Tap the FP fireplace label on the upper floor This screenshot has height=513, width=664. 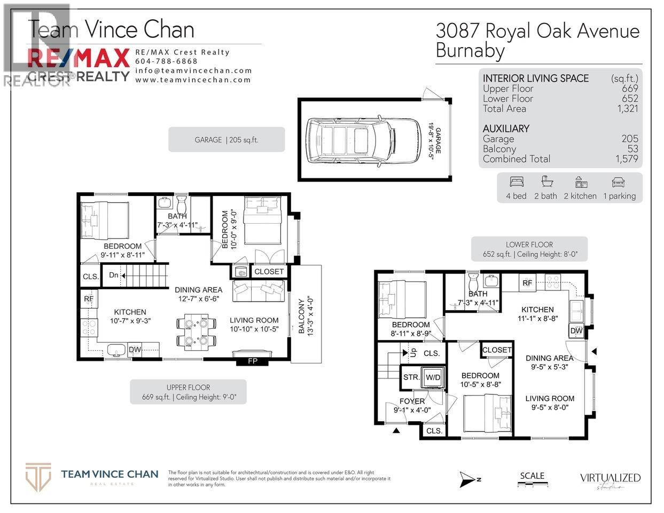tap(253, 361)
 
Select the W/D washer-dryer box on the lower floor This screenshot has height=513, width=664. tap(433, 377)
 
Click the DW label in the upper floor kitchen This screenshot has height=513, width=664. tap(135, 350)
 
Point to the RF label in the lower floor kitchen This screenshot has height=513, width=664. tap(527, 283)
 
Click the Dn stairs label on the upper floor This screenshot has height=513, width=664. tap(114, 275)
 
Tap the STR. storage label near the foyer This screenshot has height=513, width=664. tap(411, 377)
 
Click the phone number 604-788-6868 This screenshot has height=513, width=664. tap(166, 61)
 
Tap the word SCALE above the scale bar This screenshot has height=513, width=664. tap(532, 476)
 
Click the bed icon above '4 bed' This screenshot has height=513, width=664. tap(517, 181)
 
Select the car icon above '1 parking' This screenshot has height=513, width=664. tap(619, 181)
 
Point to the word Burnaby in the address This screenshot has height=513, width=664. tap(470, 51)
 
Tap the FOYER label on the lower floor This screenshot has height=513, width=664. tap(412, 401)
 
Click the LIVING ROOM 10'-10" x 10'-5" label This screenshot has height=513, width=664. tap(254, 325)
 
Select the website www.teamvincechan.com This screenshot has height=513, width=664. tap(193, 80)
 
